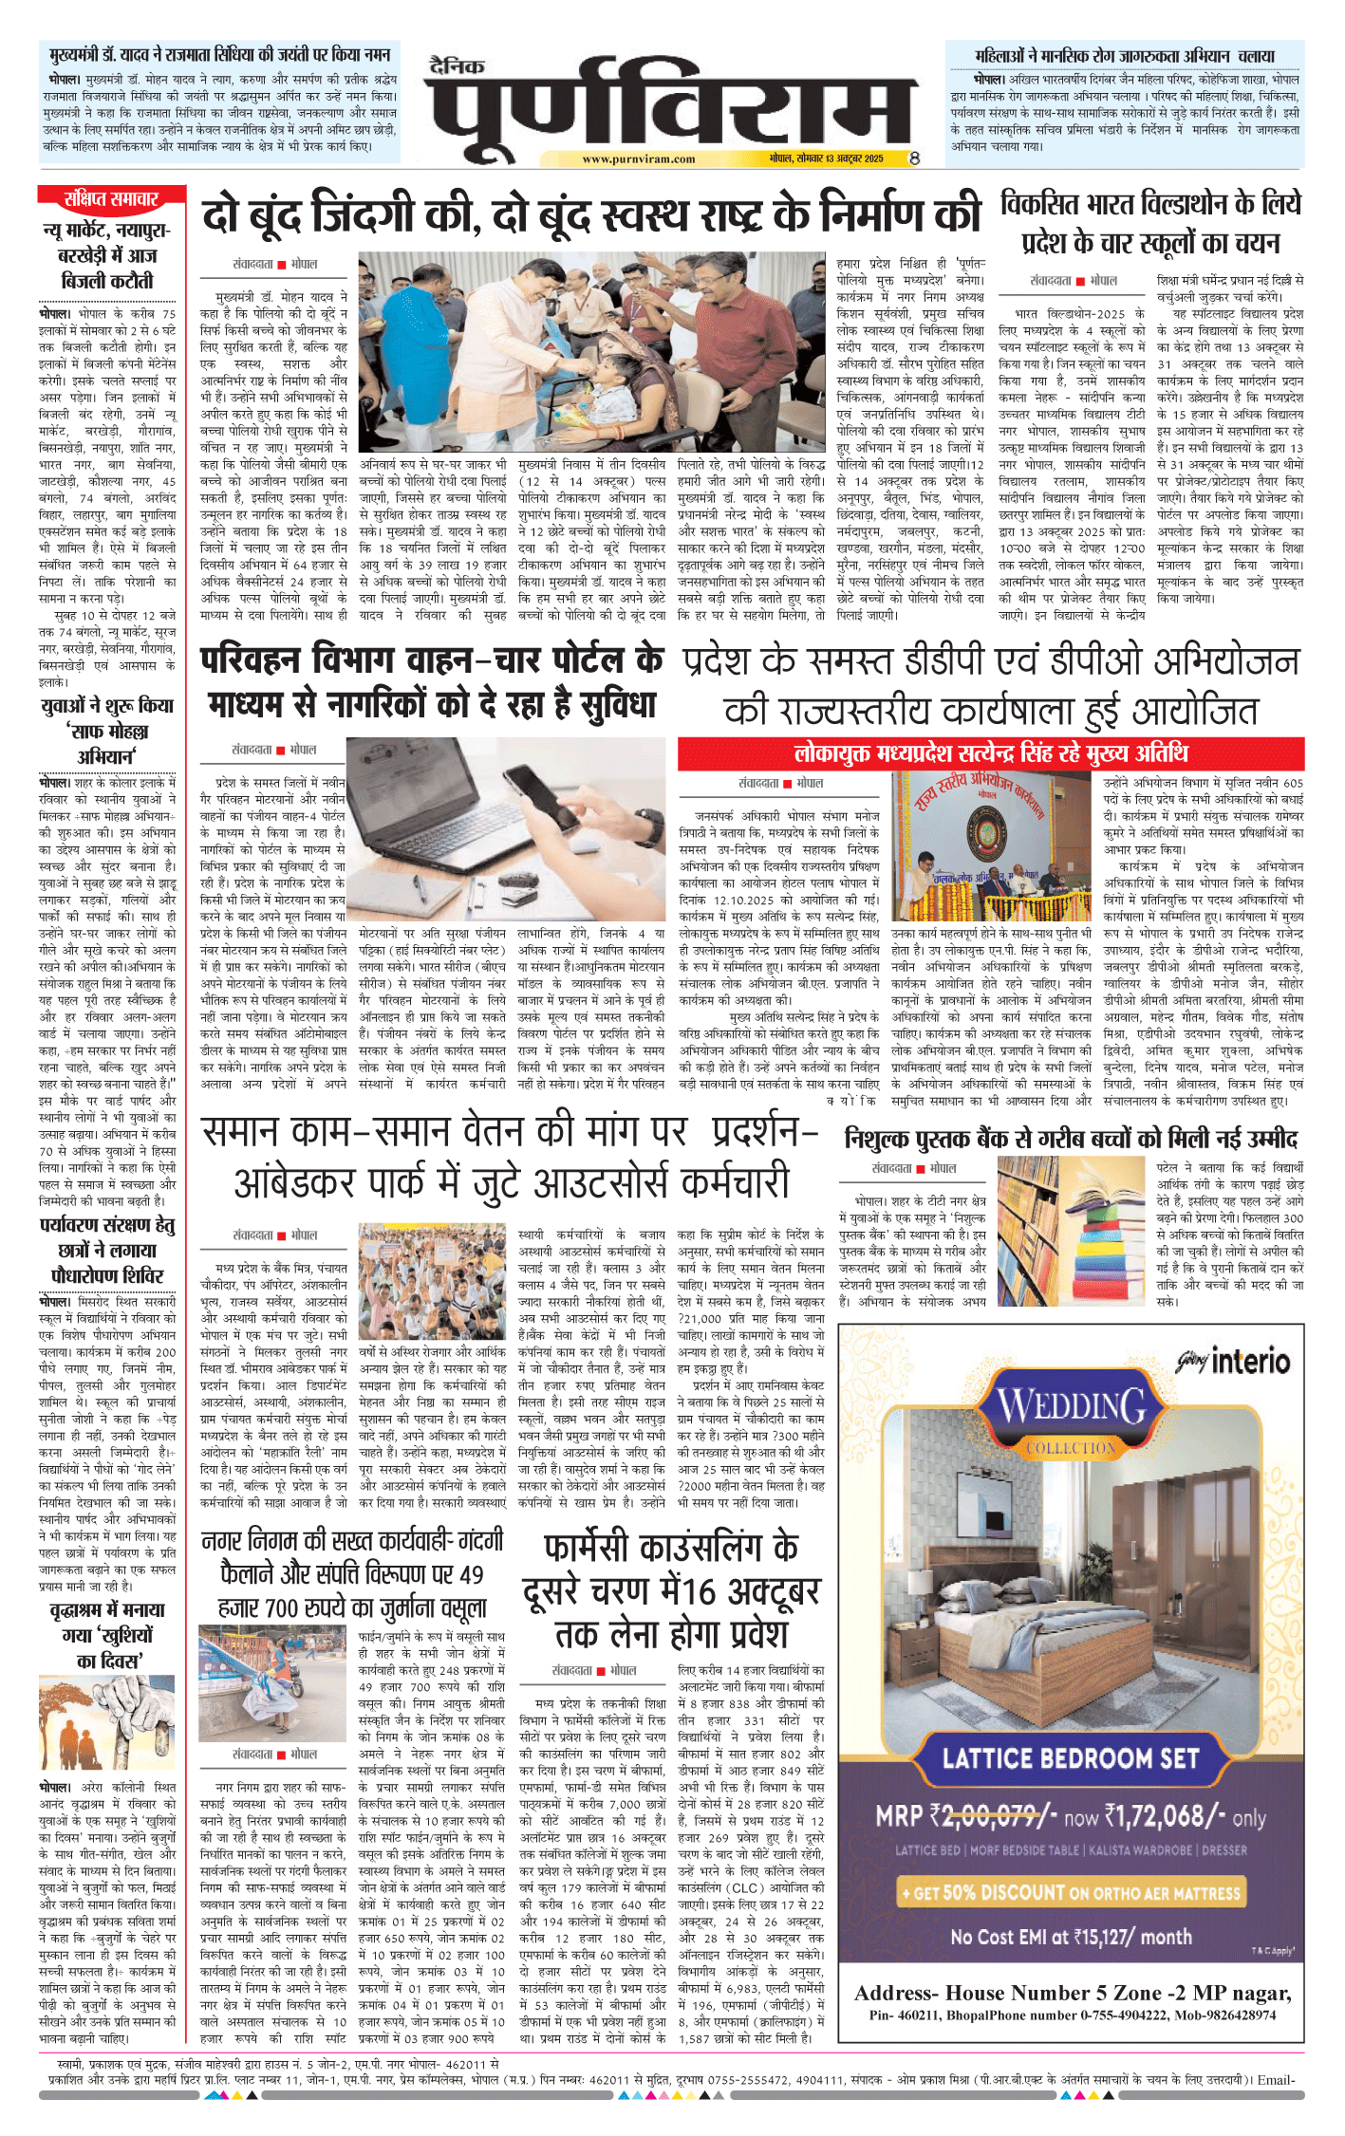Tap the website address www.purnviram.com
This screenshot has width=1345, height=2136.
pos(638,159)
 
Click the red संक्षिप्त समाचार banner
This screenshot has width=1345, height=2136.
pos(111,199)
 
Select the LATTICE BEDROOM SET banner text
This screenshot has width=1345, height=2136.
pos(1071,1758)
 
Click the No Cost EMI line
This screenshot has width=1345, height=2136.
pos(1071,1936)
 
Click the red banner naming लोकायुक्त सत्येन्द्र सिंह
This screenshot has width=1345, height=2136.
pos(990,754)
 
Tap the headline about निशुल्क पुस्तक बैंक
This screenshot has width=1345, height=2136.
pos(1071,1139)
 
